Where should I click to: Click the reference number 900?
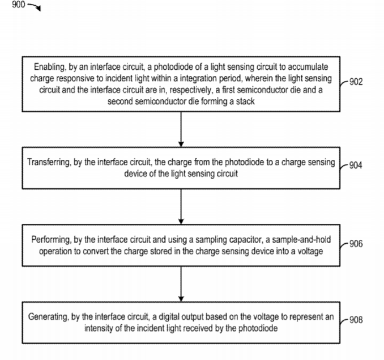(x=18, y=5)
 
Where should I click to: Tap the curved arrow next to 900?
(x=35, y=7)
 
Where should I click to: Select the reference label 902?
(x=356, y=82)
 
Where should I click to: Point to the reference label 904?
(x=356, y=165)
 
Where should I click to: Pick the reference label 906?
(x=356, y=244)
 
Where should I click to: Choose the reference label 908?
(x=356, y=320)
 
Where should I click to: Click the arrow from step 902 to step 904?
(x=181, y=129)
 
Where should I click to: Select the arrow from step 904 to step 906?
(x=181, y=206)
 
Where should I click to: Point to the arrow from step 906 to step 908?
(x=181, y=284)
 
